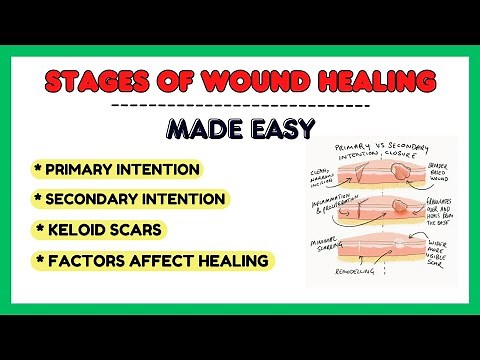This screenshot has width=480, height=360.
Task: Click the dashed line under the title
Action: (240, 104)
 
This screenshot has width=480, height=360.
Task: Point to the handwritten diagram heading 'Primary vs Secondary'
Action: (374, 151)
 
